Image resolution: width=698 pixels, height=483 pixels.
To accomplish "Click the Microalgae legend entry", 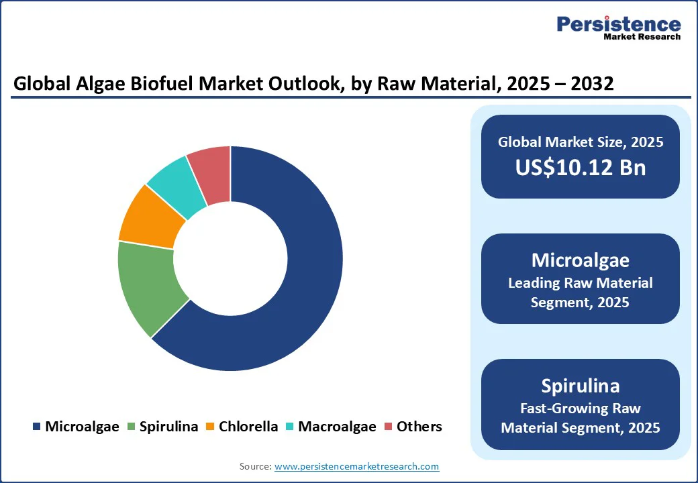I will tap(75, 427).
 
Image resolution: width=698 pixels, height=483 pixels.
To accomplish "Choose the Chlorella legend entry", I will tap(242, 427).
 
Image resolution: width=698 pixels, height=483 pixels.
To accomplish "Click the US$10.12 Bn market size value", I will tap(581, 167).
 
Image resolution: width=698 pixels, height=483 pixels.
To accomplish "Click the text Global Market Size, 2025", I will tap(581, 142).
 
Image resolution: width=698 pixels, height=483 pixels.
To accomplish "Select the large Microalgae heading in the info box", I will tap(581, 260).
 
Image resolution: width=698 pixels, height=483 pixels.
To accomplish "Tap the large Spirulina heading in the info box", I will tap(581, 386).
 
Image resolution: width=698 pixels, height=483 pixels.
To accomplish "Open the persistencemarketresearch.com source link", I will tap(356, 466).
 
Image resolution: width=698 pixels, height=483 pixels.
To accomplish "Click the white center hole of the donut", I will tap(230, 259).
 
